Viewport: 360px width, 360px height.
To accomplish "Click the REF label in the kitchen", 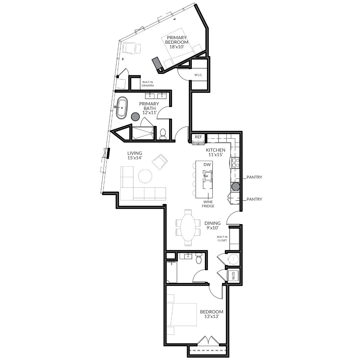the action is pos(198,137).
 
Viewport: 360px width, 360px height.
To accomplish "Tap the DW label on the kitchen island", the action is pos(207,165).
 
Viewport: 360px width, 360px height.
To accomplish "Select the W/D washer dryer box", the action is pos(233,276).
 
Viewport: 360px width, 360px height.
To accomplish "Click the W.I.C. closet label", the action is pos(198,75).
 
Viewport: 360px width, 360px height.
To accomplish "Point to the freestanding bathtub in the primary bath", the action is pos(122,108).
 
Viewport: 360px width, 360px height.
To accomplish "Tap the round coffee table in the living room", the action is pos(145,176).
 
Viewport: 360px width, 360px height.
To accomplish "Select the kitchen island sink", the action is pos(208,176).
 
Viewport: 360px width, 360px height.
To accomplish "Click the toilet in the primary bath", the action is pos(163,134).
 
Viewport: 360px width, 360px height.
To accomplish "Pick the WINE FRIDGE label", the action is pos(208,204).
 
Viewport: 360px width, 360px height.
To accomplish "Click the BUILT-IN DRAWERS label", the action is pos(148,84).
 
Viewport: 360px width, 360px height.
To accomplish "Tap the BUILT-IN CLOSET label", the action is pos(222,238).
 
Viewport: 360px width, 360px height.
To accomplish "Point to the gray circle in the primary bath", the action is pos(136,117).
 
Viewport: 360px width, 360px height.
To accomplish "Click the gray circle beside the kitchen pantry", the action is pos(236,187).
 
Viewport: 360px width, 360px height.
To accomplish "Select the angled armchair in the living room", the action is pos(160,162).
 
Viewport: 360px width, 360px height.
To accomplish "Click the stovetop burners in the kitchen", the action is pos(235,163).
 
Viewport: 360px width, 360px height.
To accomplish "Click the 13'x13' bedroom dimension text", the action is pos(212,317).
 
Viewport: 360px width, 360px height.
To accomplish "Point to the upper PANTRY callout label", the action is pos(254,177).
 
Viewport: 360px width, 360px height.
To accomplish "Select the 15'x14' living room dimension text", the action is pos(135,158).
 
